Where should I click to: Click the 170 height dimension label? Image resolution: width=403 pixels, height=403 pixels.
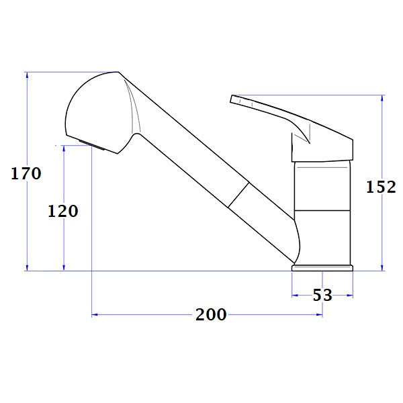(x=26, y=174)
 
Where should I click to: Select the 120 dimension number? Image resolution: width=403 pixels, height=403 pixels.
(x=63, y=211)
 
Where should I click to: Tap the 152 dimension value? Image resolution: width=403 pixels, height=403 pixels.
(x=381, y=187)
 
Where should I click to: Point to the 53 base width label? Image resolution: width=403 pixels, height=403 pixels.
(x=323, y=294)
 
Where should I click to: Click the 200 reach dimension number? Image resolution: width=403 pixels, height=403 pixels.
(x=211, y=314)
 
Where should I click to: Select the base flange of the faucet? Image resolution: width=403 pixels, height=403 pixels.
(x=322, y=268)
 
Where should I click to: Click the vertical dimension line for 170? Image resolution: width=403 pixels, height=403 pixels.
(x=27, y=222)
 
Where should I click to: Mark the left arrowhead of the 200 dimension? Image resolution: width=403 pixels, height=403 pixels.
(x=95, y=314)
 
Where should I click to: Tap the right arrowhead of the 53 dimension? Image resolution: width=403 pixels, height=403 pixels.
(x=350, y=294)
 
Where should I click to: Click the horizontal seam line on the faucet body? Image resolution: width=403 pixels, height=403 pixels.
(x=322, y=210)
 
